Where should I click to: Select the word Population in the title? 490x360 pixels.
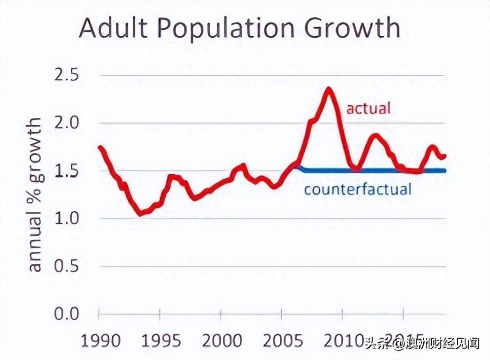pyautogui.click(x=225, y=29)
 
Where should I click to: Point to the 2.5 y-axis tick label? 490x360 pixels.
pyautogui.click(x=66, y=76)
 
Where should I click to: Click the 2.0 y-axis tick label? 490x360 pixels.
pyautogui.click(x=66, y=123)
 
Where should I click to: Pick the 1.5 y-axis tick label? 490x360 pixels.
pyautogui.click(x=66, y=171)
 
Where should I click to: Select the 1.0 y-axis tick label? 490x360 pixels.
pyautogui.click(x=66, y=219)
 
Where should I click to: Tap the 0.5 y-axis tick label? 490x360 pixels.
pyautogui.click(x=66, y=267)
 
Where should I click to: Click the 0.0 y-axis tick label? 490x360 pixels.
pyautogui.click(x=66, y=314)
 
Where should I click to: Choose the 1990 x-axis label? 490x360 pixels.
pyautogui.click(x=101, y=341)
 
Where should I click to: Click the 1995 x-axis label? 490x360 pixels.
pyautogui.click(x=161, y=341)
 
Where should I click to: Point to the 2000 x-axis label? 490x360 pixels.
pyautogui.click(x=222, y=341)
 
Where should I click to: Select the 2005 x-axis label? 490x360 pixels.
pyautogui.click(x=283, y=341)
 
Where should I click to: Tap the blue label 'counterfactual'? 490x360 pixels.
pyautogui.click(x=358, y=189)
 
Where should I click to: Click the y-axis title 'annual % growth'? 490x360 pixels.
pyautogui.click(x=35, y=195)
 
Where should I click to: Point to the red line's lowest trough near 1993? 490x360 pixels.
pyautogui.click(x=141, y=214)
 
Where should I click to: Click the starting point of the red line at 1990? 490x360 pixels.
pyautogui.click(x=100, y=148)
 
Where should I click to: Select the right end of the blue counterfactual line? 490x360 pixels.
pyautogui.click(x=444, y=171)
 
